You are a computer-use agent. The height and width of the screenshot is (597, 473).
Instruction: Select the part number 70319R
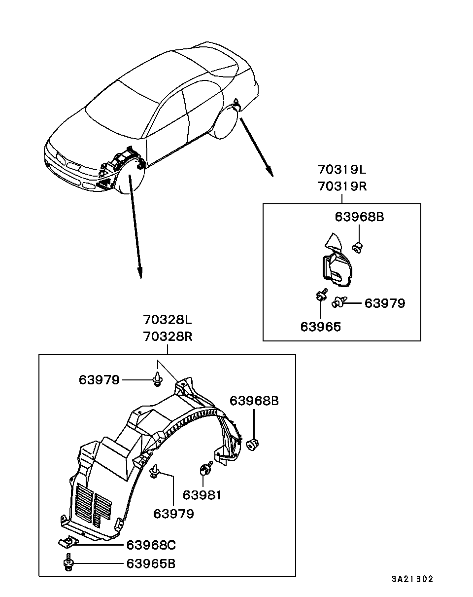pos(342,186)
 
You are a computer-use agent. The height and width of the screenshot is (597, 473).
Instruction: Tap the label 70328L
pos(168,320)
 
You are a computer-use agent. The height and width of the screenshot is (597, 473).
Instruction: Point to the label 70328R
pos(168,337)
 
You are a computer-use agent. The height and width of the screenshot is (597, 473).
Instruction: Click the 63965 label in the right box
pos(321,327)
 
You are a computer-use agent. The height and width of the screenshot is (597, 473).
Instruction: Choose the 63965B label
pos(151,564)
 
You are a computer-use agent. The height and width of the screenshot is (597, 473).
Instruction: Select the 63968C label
pos(151,545)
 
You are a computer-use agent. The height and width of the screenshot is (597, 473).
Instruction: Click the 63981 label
pos(203,495)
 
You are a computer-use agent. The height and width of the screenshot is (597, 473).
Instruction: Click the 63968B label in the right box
pos(359,217)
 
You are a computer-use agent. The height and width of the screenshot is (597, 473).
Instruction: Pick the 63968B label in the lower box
pos(254,401)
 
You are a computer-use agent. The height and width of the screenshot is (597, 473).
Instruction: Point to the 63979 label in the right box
pos(385,303)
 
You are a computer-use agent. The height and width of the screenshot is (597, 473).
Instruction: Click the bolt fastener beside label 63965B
pos(68,562)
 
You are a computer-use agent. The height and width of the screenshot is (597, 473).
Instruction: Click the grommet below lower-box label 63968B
pos(252,445)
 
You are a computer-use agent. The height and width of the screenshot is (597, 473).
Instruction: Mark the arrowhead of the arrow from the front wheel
pos(140,272)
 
